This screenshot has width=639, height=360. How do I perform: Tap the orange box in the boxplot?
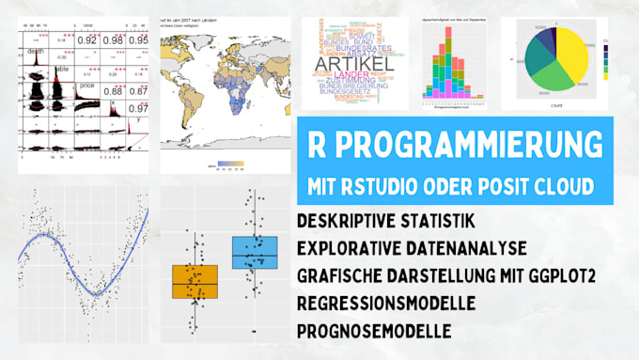coord(195,282)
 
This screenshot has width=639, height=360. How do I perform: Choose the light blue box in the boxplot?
coord(254,253)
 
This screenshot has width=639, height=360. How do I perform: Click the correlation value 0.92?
coord(86,40)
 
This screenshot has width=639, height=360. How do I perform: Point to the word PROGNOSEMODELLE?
coord(372,331)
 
